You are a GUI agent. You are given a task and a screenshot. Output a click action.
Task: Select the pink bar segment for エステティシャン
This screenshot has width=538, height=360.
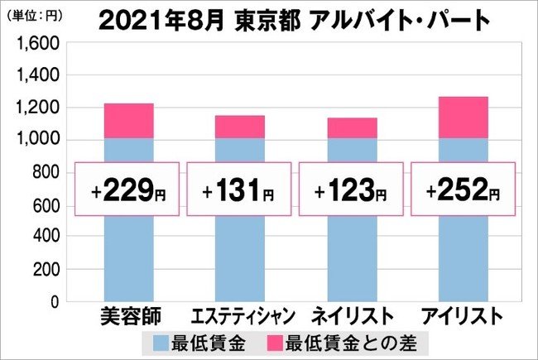click(x=241, y=127)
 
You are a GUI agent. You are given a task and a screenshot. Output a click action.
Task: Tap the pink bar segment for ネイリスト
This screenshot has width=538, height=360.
click(x=352, y=128)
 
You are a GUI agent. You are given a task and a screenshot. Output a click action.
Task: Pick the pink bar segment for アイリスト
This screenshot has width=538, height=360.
click(x=463, y=118)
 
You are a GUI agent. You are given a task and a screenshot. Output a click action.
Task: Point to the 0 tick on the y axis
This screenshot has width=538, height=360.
click(x=51, y=302)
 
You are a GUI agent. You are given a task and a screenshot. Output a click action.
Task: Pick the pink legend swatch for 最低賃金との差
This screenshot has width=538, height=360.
click(x=275, y=341)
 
